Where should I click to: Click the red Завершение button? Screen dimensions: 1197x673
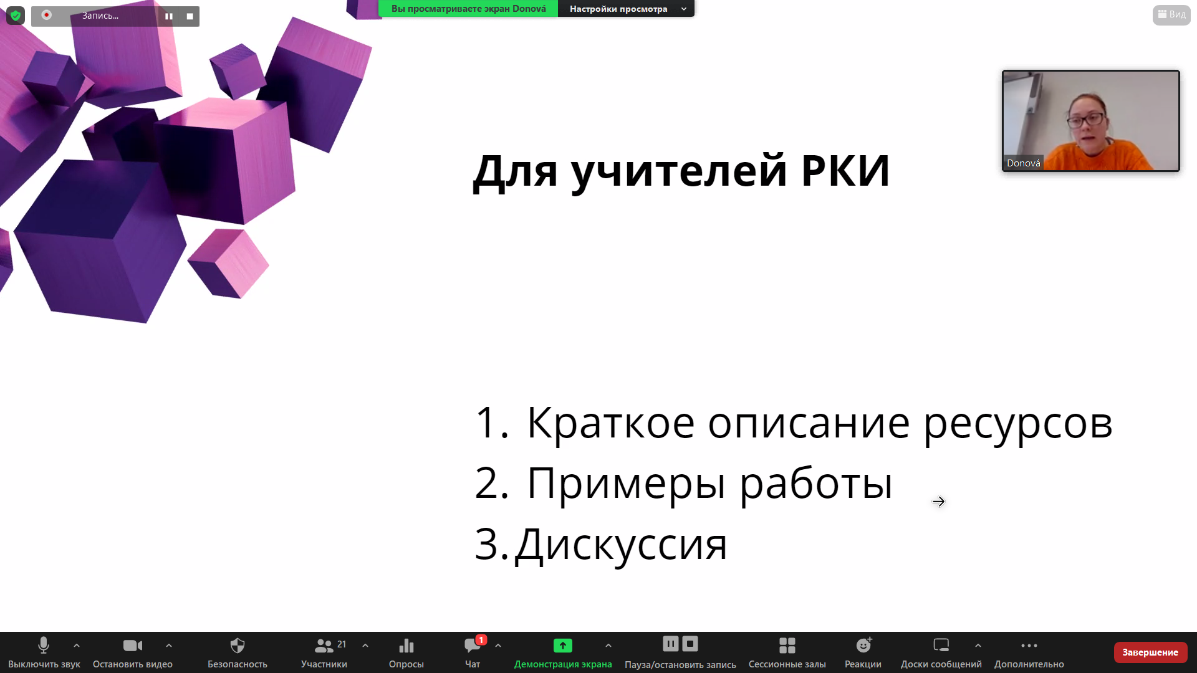pos(1150,652)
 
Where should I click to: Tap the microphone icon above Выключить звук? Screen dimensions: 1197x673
pos(44,645)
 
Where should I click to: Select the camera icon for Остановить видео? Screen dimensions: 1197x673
pos(133,646)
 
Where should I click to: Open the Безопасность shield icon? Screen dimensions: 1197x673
pos(238,645)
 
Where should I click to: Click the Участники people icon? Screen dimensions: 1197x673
pos(324,646)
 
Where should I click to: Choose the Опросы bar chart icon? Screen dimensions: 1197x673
pos(406,646)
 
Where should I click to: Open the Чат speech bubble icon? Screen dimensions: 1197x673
pos(473,646)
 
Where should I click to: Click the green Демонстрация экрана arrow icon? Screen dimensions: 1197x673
pos(563,646)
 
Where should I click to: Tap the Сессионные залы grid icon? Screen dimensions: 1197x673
pos(787,645)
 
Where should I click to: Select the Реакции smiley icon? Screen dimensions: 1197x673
pos(863,645)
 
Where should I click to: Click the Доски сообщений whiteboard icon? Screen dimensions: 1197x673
pos(941,645)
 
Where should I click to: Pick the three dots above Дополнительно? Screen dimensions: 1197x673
pos(1029,646)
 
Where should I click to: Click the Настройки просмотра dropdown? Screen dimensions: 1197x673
pos(626,9)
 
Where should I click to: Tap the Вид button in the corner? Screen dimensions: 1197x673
pos(1171,14)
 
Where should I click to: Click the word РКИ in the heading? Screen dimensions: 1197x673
pos(845,171)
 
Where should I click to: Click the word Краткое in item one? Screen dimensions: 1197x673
pos(611,422)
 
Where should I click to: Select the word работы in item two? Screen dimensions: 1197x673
pos(817,484)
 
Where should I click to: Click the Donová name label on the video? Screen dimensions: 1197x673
pos(1024,163)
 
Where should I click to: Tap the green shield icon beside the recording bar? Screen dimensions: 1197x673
pos(16,16)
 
